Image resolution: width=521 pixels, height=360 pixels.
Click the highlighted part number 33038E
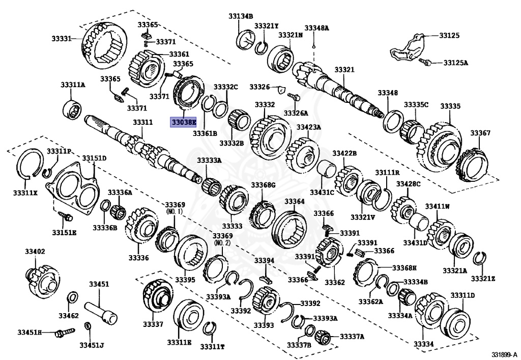[x=183, y=123]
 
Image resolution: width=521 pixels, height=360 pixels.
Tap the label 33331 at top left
[x=61, y=38]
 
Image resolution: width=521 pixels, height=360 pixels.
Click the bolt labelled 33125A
[x=426, y=62]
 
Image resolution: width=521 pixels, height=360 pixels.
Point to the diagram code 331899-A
[x=503, y=354]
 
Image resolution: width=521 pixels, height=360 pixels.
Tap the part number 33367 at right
[x=480, y=133]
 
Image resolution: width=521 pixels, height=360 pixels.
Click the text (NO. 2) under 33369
[x=223, y=243]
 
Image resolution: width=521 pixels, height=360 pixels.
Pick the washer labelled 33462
[x=73, y=297]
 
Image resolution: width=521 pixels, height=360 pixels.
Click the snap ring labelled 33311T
[x=208, y=329]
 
